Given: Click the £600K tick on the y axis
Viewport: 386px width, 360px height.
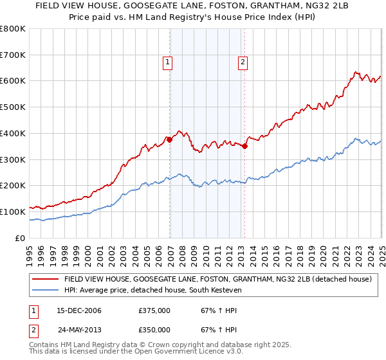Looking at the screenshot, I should click(13, 81).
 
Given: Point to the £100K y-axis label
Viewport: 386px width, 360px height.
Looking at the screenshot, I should click(13, 212).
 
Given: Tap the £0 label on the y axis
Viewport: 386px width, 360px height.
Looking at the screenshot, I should click(21, 238).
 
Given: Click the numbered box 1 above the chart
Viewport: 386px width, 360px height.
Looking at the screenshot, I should click(167, 62).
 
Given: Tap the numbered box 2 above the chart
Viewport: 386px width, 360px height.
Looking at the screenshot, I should click(243, 62).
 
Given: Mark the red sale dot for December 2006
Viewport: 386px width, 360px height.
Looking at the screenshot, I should click(170, 139).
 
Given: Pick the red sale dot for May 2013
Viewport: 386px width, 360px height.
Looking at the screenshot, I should click(245, 146).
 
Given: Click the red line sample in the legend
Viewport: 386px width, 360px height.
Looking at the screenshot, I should click(45, 279).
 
